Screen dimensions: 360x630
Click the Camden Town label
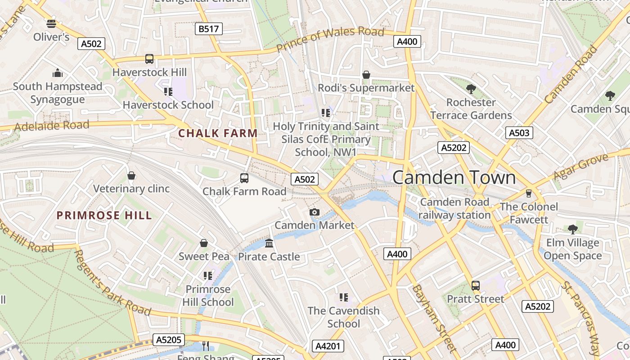pyautogui.click(x=454, y=177)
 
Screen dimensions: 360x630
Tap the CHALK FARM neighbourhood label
pyautogui.click(x=218, y=133)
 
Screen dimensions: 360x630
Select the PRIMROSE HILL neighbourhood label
pyautogui.click(x=104, y=216)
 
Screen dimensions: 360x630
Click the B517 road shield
pyautogui.click(x=209, y=29)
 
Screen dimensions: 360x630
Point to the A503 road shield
pyautogui.click(x=519, y=133)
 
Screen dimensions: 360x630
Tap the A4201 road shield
pyautogui.click(x=328, y=346)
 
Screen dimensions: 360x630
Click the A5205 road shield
pyautogui.click(x=169, y=340)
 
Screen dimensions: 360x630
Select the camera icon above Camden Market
pyautogui.click(x=315, y=212)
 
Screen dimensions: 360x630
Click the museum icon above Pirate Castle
pyautogui.click(x=269, y=243)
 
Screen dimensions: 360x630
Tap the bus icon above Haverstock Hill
pyautogui.click(x=149, y=59)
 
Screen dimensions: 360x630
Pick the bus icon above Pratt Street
pyautogui.click(x=476, y=285)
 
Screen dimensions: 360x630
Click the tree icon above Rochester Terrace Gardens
pyautogui.click(x=471, y=89)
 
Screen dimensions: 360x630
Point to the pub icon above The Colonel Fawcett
pyautogui.click(x=529, y=193)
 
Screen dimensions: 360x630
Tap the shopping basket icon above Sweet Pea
pyautogui.click(x=204, y=243)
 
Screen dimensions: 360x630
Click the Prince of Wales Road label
pyautogui.click(x=330, y=39)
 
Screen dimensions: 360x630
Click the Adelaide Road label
pyautogui.click(x=52, y=126)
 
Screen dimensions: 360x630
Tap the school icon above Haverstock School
pyautogui.click(x=168, y=92)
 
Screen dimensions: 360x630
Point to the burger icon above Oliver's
pyautogui.click(x=51, y=23)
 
